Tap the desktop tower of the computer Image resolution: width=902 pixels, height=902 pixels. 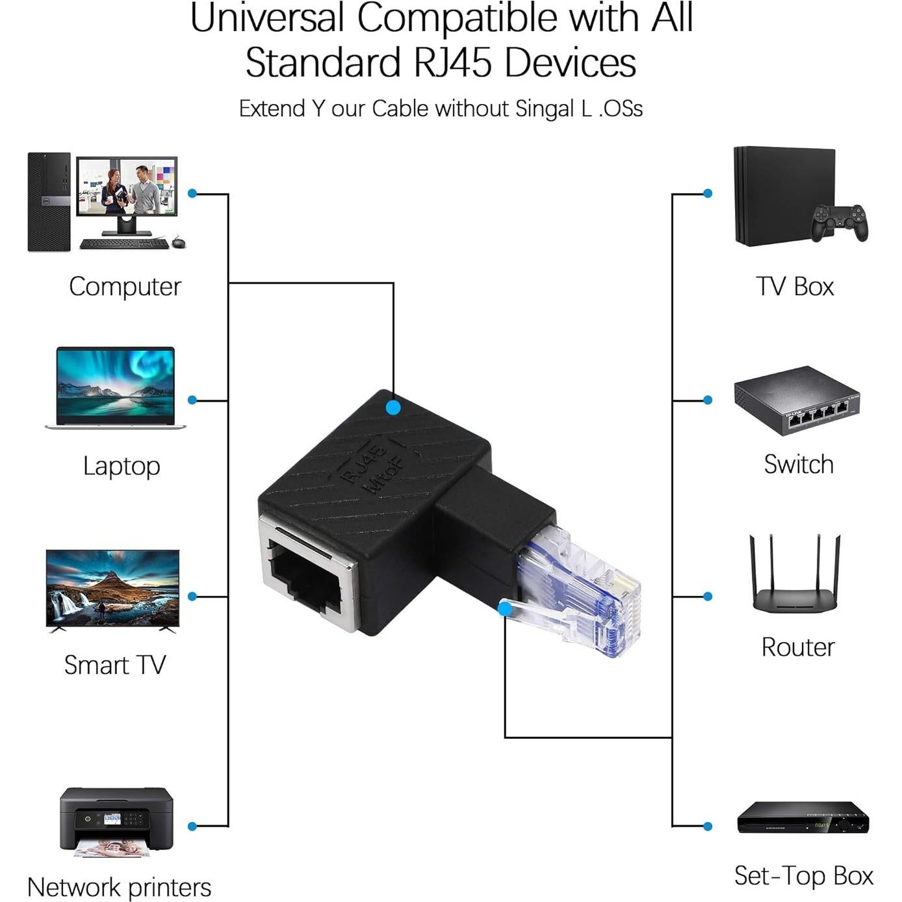[49, 202]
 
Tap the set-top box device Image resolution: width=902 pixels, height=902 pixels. [803, 818]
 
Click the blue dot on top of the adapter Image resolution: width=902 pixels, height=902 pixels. [393, 407]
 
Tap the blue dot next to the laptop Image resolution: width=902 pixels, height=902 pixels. [192, 400]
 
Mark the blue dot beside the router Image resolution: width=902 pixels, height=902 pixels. [708, 596]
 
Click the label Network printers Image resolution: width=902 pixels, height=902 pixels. [120, 887]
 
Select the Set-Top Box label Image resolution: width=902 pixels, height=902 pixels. [803, 875]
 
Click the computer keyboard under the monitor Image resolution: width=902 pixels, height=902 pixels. [124, 244]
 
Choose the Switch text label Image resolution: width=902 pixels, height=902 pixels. [799, 465]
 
